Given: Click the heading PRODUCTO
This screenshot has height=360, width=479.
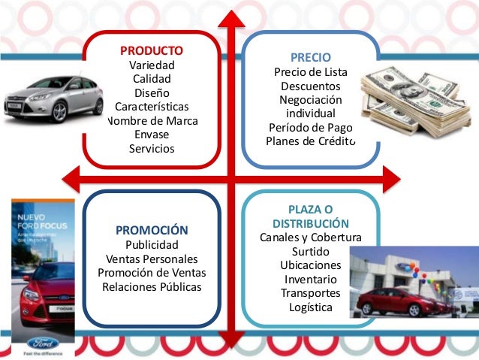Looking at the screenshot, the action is coord(152,51).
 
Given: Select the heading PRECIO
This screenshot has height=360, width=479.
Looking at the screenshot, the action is coord(310,57).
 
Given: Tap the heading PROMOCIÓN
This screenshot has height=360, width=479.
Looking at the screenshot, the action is coord(152,230).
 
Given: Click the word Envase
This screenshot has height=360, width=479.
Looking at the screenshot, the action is coord(152,135).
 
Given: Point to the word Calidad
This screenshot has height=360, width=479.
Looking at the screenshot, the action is coord(152,78).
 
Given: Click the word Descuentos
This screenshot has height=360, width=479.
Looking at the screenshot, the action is coord(310,86).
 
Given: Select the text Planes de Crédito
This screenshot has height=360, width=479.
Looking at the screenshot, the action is coord(310,142).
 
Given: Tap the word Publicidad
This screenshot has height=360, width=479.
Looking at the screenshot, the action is coord(152,245).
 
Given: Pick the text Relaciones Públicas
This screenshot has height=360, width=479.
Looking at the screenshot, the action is coord(152,287).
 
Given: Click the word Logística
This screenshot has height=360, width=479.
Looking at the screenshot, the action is coord(310,307).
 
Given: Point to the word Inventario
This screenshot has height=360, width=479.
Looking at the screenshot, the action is coord(310,280).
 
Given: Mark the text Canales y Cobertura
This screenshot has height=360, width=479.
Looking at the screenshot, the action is coord(310,237).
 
